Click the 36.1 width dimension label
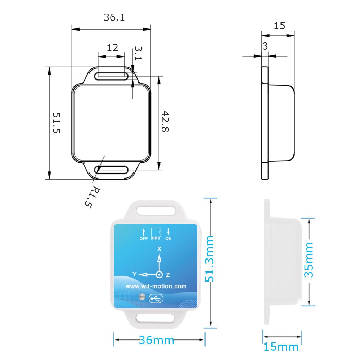[114, 17]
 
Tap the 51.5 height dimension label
[57, 123]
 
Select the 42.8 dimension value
[165, 121]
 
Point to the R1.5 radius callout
[92, 197]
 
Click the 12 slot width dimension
[112, 48]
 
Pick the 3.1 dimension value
[139, 53]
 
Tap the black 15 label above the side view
[279, 26]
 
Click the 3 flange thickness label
[265, 46]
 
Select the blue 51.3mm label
[210, 259]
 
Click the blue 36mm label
[157, 340]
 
